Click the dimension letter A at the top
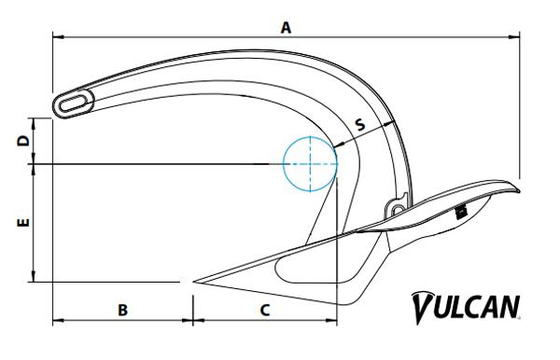click(287, 27)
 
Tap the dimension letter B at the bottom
click(122, 310)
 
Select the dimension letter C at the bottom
click(264, 310)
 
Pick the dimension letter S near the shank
click(359, 122)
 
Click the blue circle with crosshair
click(309, 164)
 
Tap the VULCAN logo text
click(466, 307)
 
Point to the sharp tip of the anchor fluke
click(193, 281)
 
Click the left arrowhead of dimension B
click(55, 322)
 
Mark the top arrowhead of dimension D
click(35, 121)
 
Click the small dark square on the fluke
click(460, 213)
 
